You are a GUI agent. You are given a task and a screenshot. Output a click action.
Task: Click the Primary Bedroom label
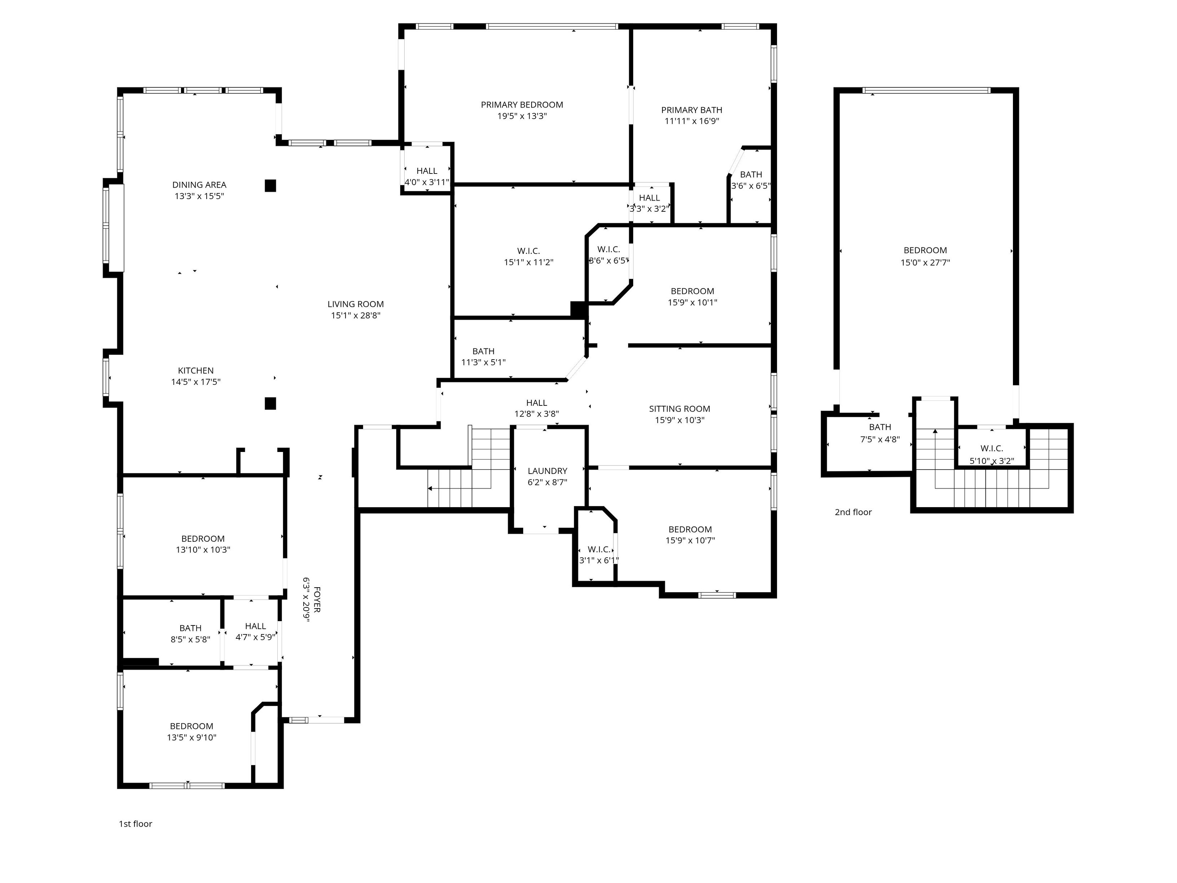click(522, 105)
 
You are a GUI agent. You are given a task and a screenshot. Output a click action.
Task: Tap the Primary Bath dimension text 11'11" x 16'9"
click(692, 121)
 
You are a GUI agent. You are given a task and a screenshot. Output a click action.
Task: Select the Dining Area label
click(199, 185)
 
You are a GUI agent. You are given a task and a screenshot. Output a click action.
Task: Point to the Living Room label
click(356, 304)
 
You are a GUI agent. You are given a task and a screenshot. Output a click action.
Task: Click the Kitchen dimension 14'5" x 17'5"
click(196, 382)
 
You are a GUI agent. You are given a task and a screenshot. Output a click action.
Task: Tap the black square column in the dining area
click(270, 186)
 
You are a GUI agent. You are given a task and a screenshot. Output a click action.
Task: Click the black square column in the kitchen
click(270, 403)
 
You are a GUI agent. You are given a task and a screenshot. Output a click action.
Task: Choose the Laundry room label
click(547, 471)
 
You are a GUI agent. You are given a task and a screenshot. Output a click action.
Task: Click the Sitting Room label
click(679, 409)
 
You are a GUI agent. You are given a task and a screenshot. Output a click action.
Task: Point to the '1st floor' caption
click(135, 824)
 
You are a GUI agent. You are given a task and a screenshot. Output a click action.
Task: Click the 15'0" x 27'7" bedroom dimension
click(925, 262)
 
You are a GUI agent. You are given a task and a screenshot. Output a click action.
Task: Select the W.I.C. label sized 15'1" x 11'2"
click(528, 251)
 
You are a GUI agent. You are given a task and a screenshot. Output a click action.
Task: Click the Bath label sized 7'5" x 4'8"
click(880, 427)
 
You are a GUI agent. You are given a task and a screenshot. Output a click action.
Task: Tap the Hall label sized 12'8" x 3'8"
click(536, 403)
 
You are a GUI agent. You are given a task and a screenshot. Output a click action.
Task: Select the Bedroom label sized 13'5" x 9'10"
click(191, 726)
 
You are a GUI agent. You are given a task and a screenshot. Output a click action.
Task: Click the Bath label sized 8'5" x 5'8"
click(190, 628)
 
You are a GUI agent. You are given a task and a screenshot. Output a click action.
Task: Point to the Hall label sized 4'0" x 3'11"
click(427, 171)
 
